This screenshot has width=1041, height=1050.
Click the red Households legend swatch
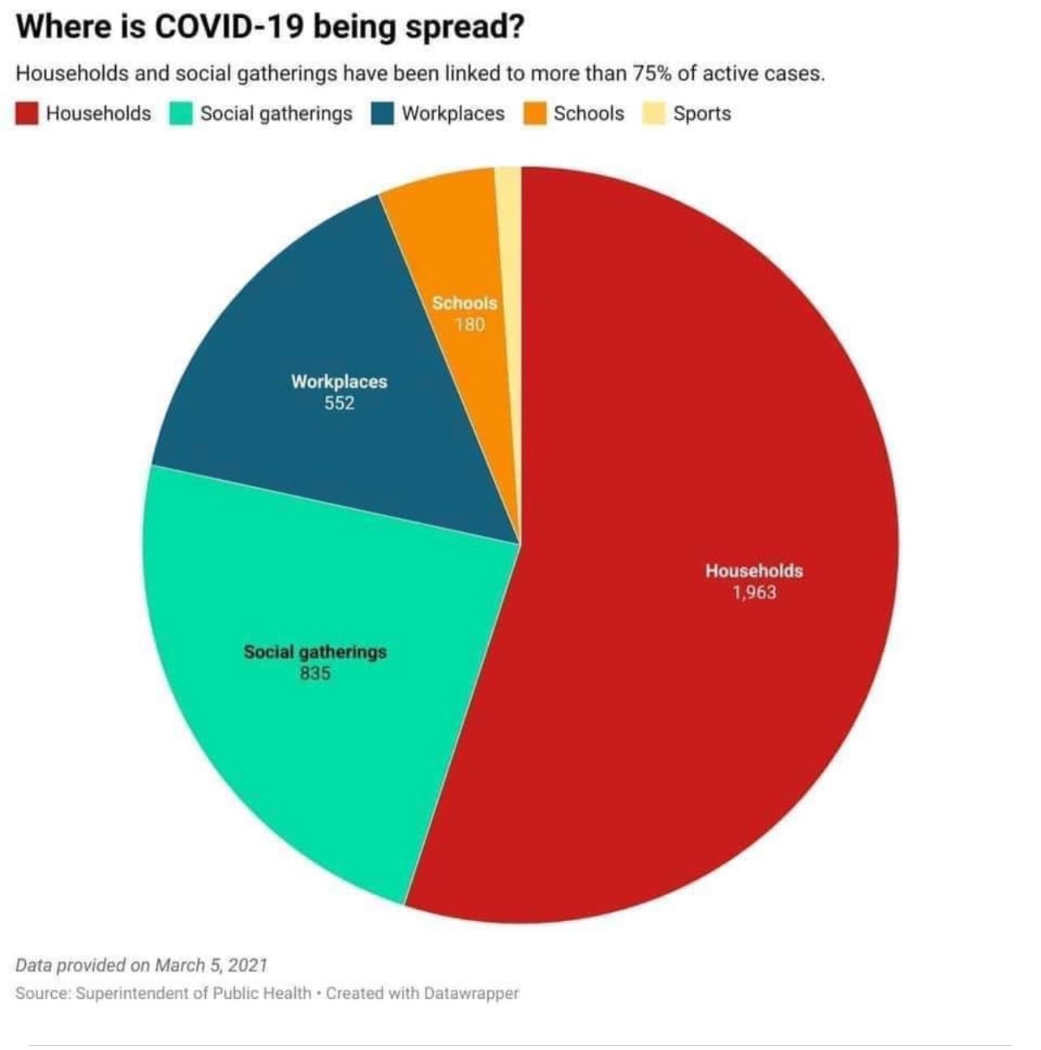point(27,114)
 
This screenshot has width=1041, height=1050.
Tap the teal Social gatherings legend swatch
point(181,114)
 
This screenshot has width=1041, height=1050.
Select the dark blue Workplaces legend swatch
point(383,114)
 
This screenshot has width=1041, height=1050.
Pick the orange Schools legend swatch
point(534,114)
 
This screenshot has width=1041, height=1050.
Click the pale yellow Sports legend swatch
point(654,114)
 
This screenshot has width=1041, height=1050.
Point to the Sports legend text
point(702,114)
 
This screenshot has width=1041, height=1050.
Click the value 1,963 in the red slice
point(754,593)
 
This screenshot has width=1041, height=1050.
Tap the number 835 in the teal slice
point(315,673)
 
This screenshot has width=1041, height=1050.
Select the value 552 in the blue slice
point(339,403)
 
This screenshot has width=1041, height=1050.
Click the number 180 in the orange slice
point(469,325)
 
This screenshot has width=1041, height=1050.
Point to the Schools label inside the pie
point(465,303)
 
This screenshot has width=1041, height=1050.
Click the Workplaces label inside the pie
point(339,381)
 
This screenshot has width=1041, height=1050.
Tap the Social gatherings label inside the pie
point(315,652)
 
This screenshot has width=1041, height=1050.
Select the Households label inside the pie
point(754,571)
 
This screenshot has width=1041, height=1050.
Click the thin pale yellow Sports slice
point(508,243)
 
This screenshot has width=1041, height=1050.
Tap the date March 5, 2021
point(211,965)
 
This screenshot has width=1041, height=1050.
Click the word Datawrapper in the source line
point(471,992)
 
